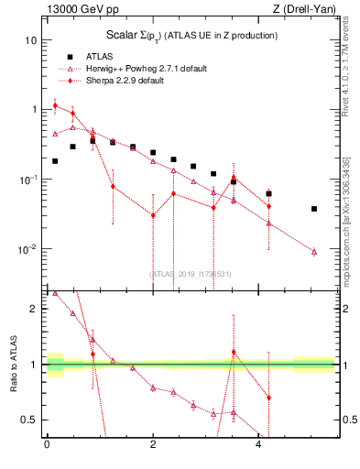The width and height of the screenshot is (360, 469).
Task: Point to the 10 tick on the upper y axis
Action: [32, 40]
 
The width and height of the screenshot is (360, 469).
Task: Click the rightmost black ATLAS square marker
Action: [314, 209]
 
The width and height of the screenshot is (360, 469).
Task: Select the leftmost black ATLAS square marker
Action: [55, 161]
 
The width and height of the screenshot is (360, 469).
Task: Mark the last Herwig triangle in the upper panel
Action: [314, 251]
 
